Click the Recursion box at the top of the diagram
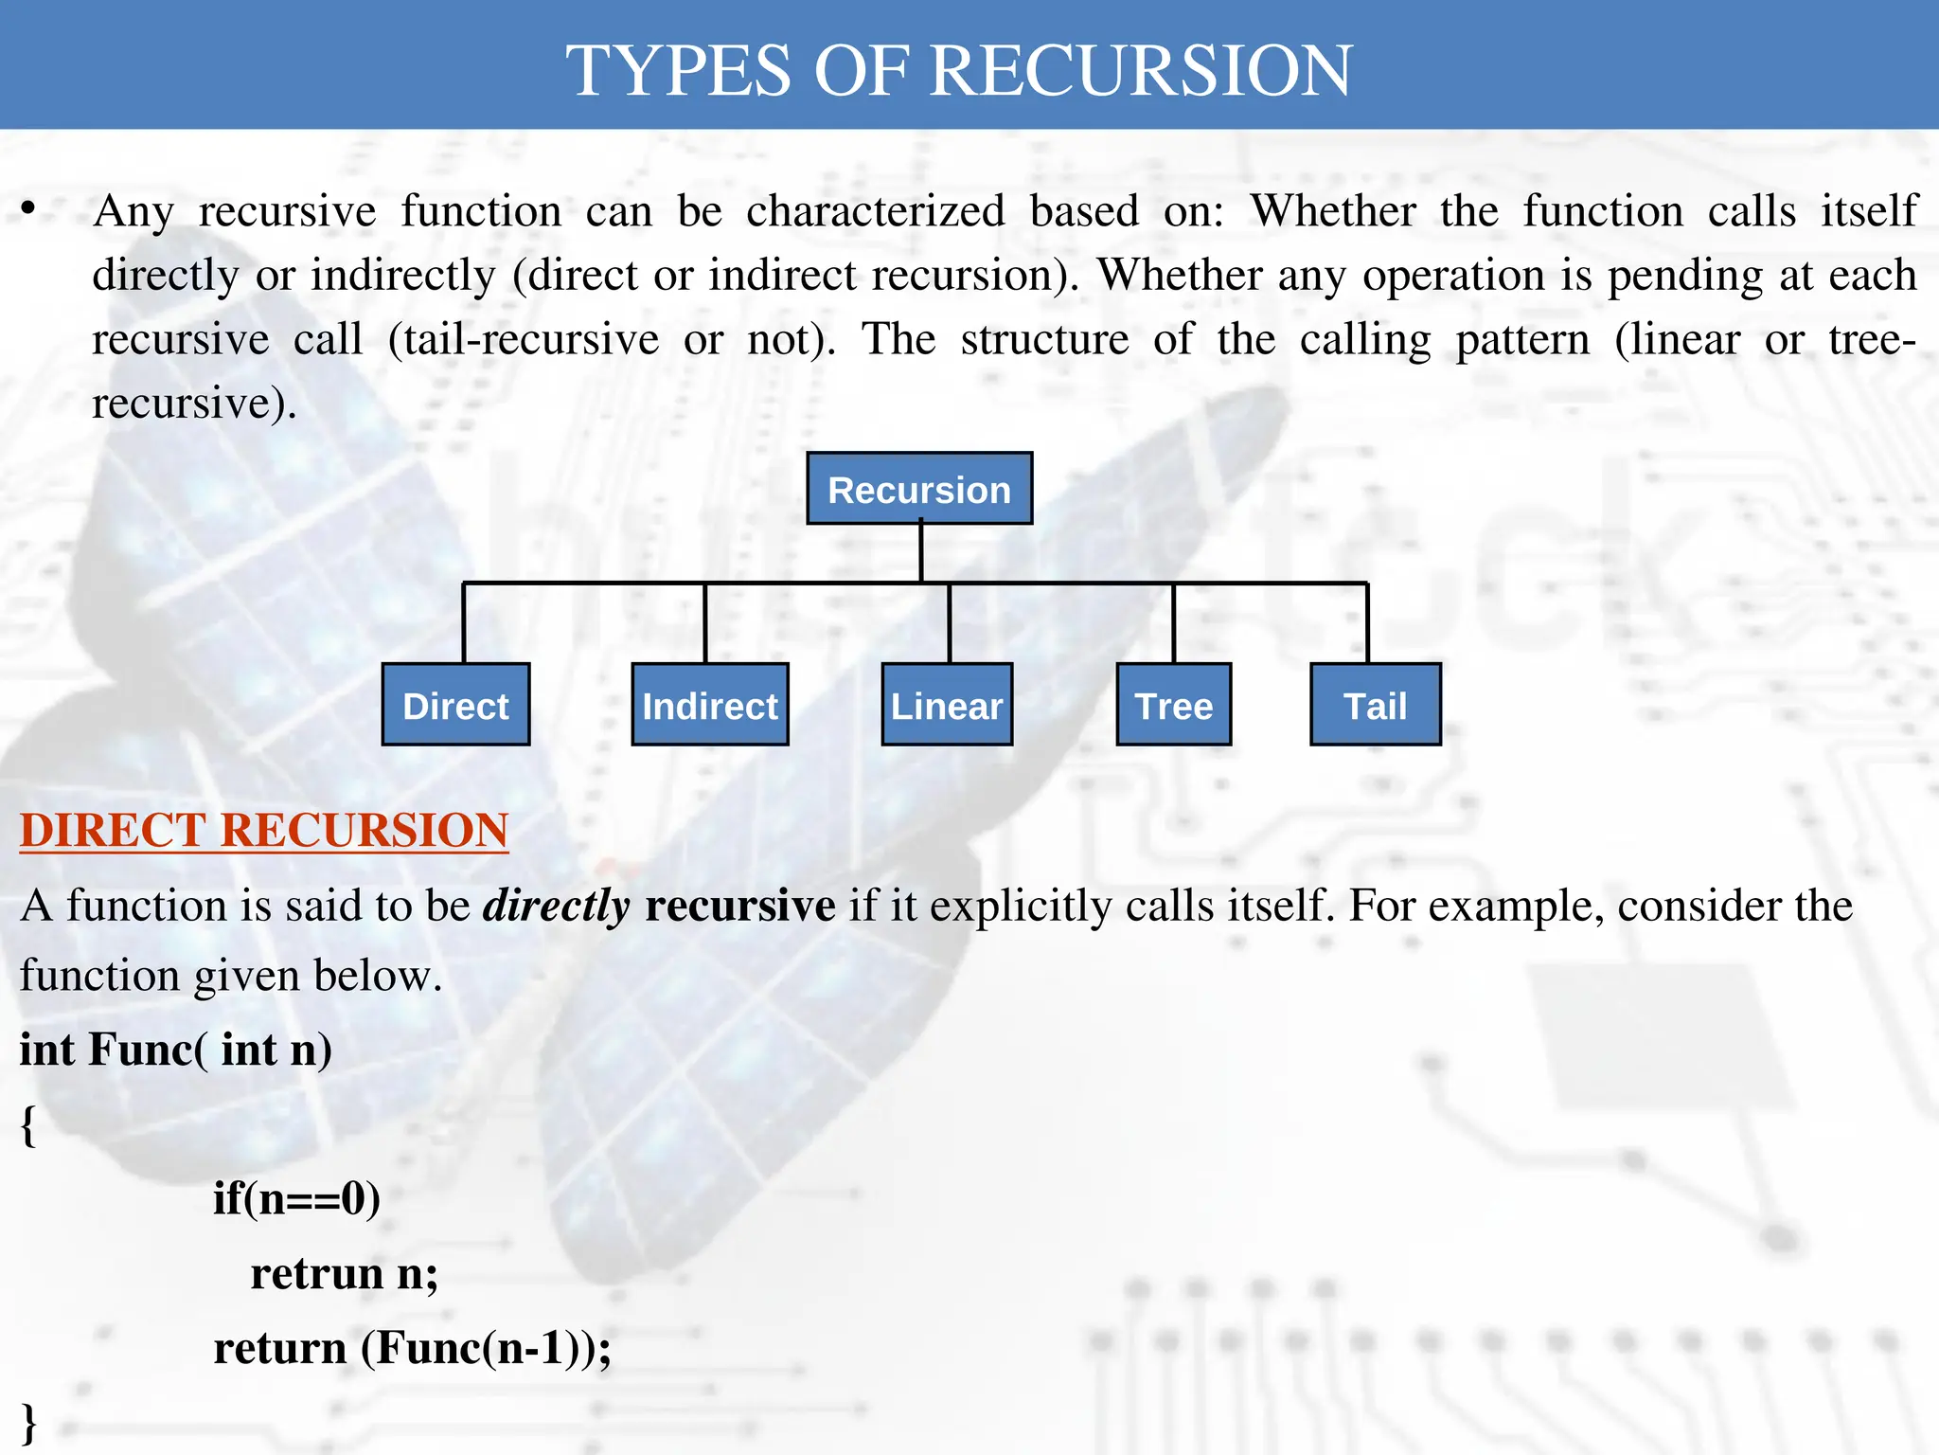919,489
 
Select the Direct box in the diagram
455,705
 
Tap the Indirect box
710,705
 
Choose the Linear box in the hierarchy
947,705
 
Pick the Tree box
1174,705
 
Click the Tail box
1376,705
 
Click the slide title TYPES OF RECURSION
959,70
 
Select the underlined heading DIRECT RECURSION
264,830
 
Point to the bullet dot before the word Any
28,208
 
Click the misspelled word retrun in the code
317,1273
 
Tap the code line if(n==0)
296,1198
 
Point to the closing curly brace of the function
28,1423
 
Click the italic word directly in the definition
557,907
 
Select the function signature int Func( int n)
176,1050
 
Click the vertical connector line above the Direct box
464,623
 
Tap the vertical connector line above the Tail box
1367,623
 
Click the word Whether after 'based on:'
1333,210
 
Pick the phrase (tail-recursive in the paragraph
524,339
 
